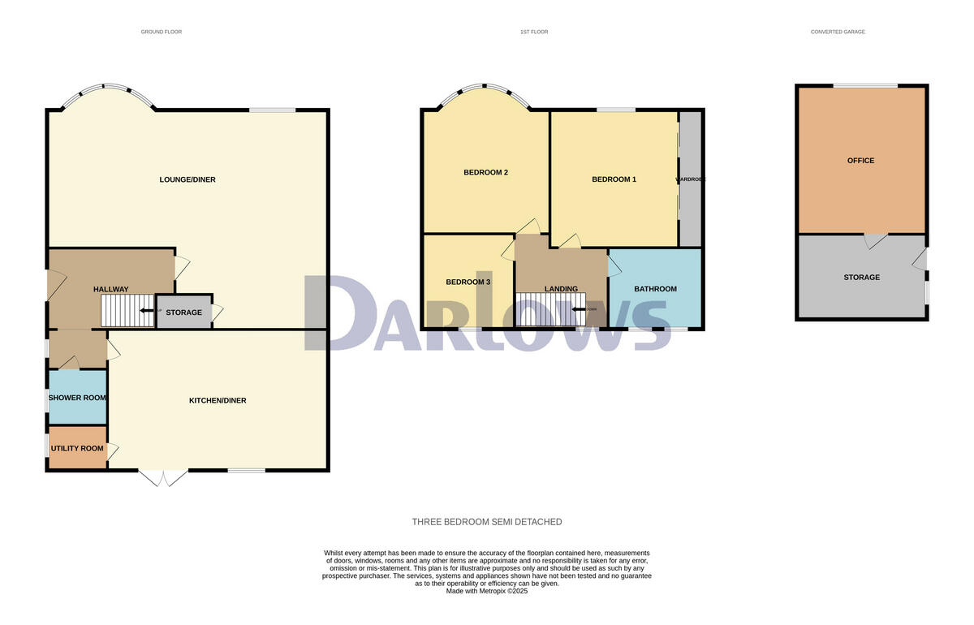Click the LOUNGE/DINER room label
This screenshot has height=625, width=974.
[187, 179]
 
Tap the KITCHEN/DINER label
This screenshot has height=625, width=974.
[218, 400]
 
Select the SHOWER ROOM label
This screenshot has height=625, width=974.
[77, 398]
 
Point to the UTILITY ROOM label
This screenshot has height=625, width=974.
[77, 448]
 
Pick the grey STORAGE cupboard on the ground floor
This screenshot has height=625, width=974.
[184, 312]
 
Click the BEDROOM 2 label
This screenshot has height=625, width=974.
[485, 172]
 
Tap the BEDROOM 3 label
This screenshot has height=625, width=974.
[468, 282]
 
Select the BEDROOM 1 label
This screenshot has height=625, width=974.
[614, 179]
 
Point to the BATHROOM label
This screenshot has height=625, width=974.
[655, 288]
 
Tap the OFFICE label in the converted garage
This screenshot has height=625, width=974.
[860, 161]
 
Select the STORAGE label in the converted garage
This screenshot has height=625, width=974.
[861, 277]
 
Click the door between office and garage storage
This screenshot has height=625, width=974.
[875, 240]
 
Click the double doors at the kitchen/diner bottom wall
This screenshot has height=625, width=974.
[165, 477]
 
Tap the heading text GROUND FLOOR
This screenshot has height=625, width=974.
[162, 32]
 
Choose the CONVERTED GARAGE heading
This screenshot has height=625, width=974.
[838, 32]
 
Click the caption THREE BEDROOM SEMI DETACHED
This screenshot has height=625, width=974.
[487, 522]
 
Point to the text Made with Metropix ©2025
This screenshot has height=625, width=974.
[487, 591]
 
